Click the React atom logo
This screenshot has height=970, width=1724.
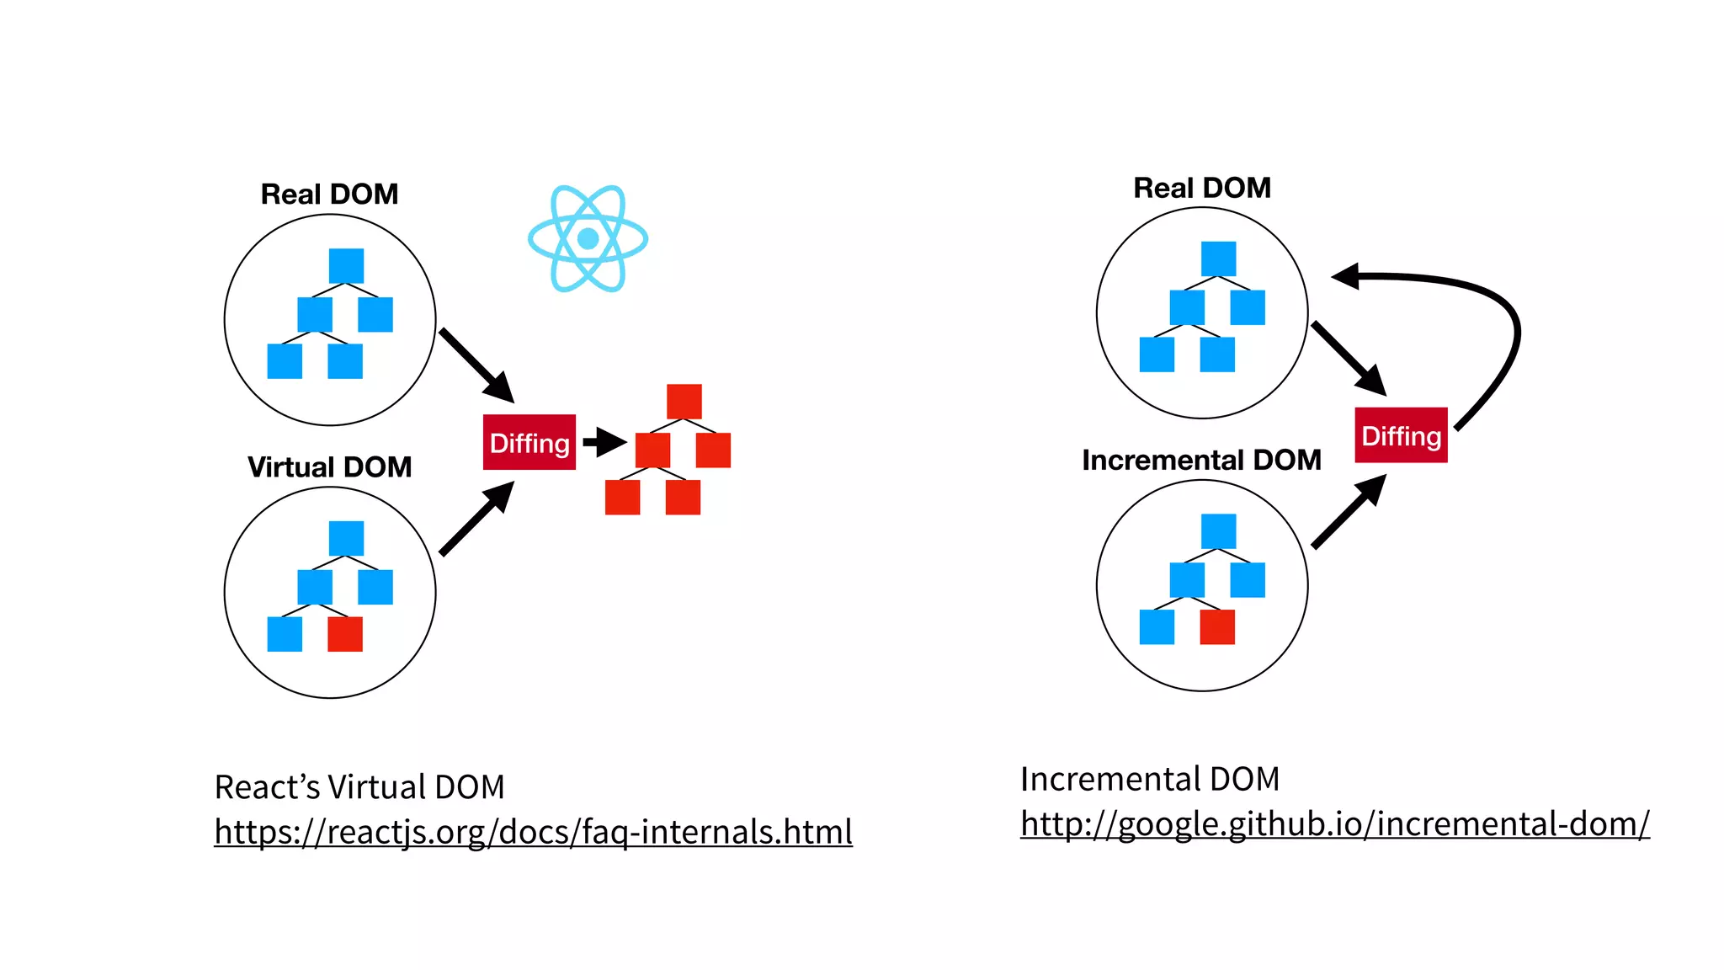tap(588, 239)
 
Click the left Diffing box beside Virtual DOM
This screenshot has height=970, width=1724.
tap(529, 442)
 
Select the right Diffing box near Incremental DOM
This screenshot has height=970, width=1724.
tap(1401, 435)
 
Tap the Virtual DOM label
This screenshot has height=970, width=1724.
tap(329, 466)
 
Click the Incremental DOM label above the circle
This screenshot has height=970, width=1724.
tap(1201, 460)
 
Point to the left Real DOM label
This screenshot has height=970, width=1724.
tap(329, 194)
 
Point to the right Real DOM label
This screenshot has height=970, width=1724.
tap(1201, 187)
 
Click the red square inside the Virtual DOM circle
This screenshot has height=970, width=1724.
tap(345, 634)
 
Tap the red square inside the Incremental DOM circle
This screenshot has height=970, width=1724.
tap(1217, 627)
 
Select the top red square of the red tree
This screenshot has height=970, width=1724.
tap(684, 402)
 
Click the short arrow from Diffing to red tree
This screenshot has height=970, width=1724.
tap(604, 441)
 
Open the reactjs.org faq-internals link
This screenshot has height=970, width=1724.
tap(533, 832)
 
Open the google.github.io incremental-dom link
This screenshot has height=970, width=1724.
tap(1334, 823)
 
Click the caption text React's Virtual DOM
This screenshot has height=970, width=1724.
tap(359, 787)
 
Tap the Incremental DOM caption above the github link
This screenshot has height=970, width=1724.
tap(1149, 779)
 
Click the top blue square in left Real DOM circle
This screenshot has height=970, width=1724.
tap(346, 266)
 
